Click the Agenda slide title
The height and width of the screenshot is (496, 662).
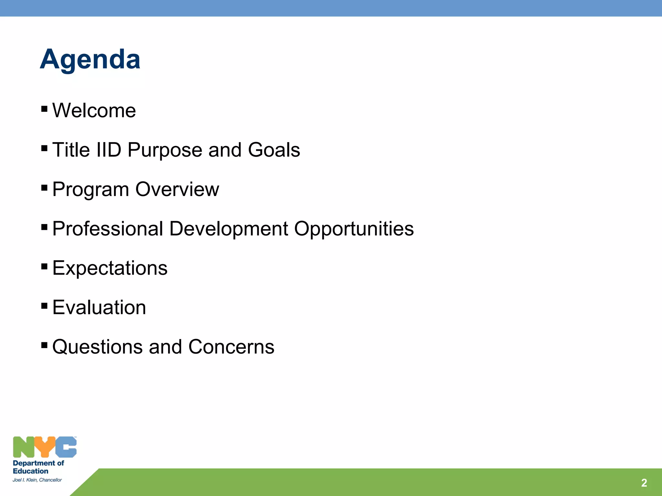pyautogui.click(x=90, y=59)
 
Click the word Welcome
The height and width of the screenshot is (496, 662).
pyautogui.click(x=94, y=111)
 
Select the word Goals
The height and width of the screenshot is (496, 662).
pyautogui.click(x=274, y=150)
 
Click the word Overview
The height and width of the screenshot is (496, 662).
pyautogui.click(x=177, y=189)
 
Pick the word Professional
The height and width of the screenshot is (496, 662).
pyautogui.click(x=108, y=229)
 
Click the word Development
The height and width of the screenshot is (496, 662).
pyautogui.click(x=229, y=229)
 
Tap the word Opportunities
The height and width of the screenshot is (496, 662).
pyautogui.click(x=354, y=229)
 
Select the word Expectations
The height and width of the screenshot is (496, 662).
pyautogui.click(x=110, y=268)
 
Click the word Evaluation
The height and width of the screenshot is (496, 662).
pyautogui.click(x=99, y=307)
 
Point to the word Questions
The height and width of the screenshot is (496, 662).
pyautogui.click(x=97, y=347)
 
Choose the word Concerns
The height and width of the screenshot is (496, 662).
pyautogui.click(x=231, y=347)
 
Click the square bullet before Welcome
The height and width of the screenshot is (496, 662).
pyautogui.click(x=45, y=108)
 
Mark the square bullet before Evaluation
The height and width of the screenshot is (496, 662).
pyautogui.click(x=45, y=305)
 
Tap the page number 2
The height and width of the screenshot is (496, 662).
pyautogui.click(x=644, y=483)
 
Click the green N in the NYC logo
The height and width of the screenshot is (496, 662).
pyautogui.click(x=23, y=447)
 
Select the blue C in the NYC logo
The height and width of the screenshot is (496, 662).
pyautogui.click(x=66, y=447)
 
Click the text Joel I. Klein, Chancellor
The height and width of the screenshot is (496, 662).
pyautogui.click(x=37, y=480)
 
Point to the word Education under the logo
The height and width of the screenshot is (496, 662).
pyautogui.click(x=30, y=471)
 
